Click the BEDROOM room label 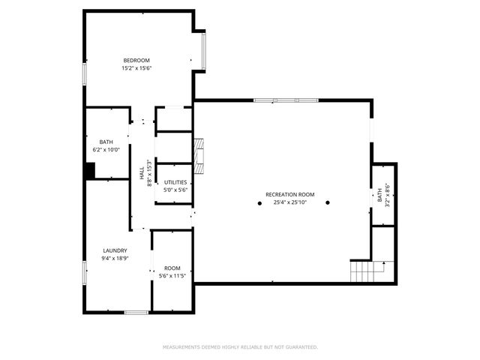point(137,61)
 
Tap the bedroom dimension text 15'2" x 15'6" point(137,68)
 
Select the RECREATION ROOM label point(289,195)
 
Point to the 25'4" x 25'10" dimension point(289,202)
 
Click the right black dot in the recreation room point(328,203)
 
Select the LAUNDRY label point(115,250)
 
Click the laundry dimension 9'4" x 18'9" point(115,259)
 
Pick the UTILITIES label point(175,182)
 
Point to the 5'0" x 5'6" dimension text point(175,190)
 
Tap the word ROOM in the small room point(172,268)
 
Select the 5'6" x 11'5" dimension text point(172,276)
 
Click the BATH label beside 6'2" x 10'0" point(106,142)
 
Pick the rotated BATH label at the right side point(380,196)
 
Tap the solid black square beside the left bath point(89,172)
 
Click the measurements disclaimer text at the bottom point(240,347)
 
